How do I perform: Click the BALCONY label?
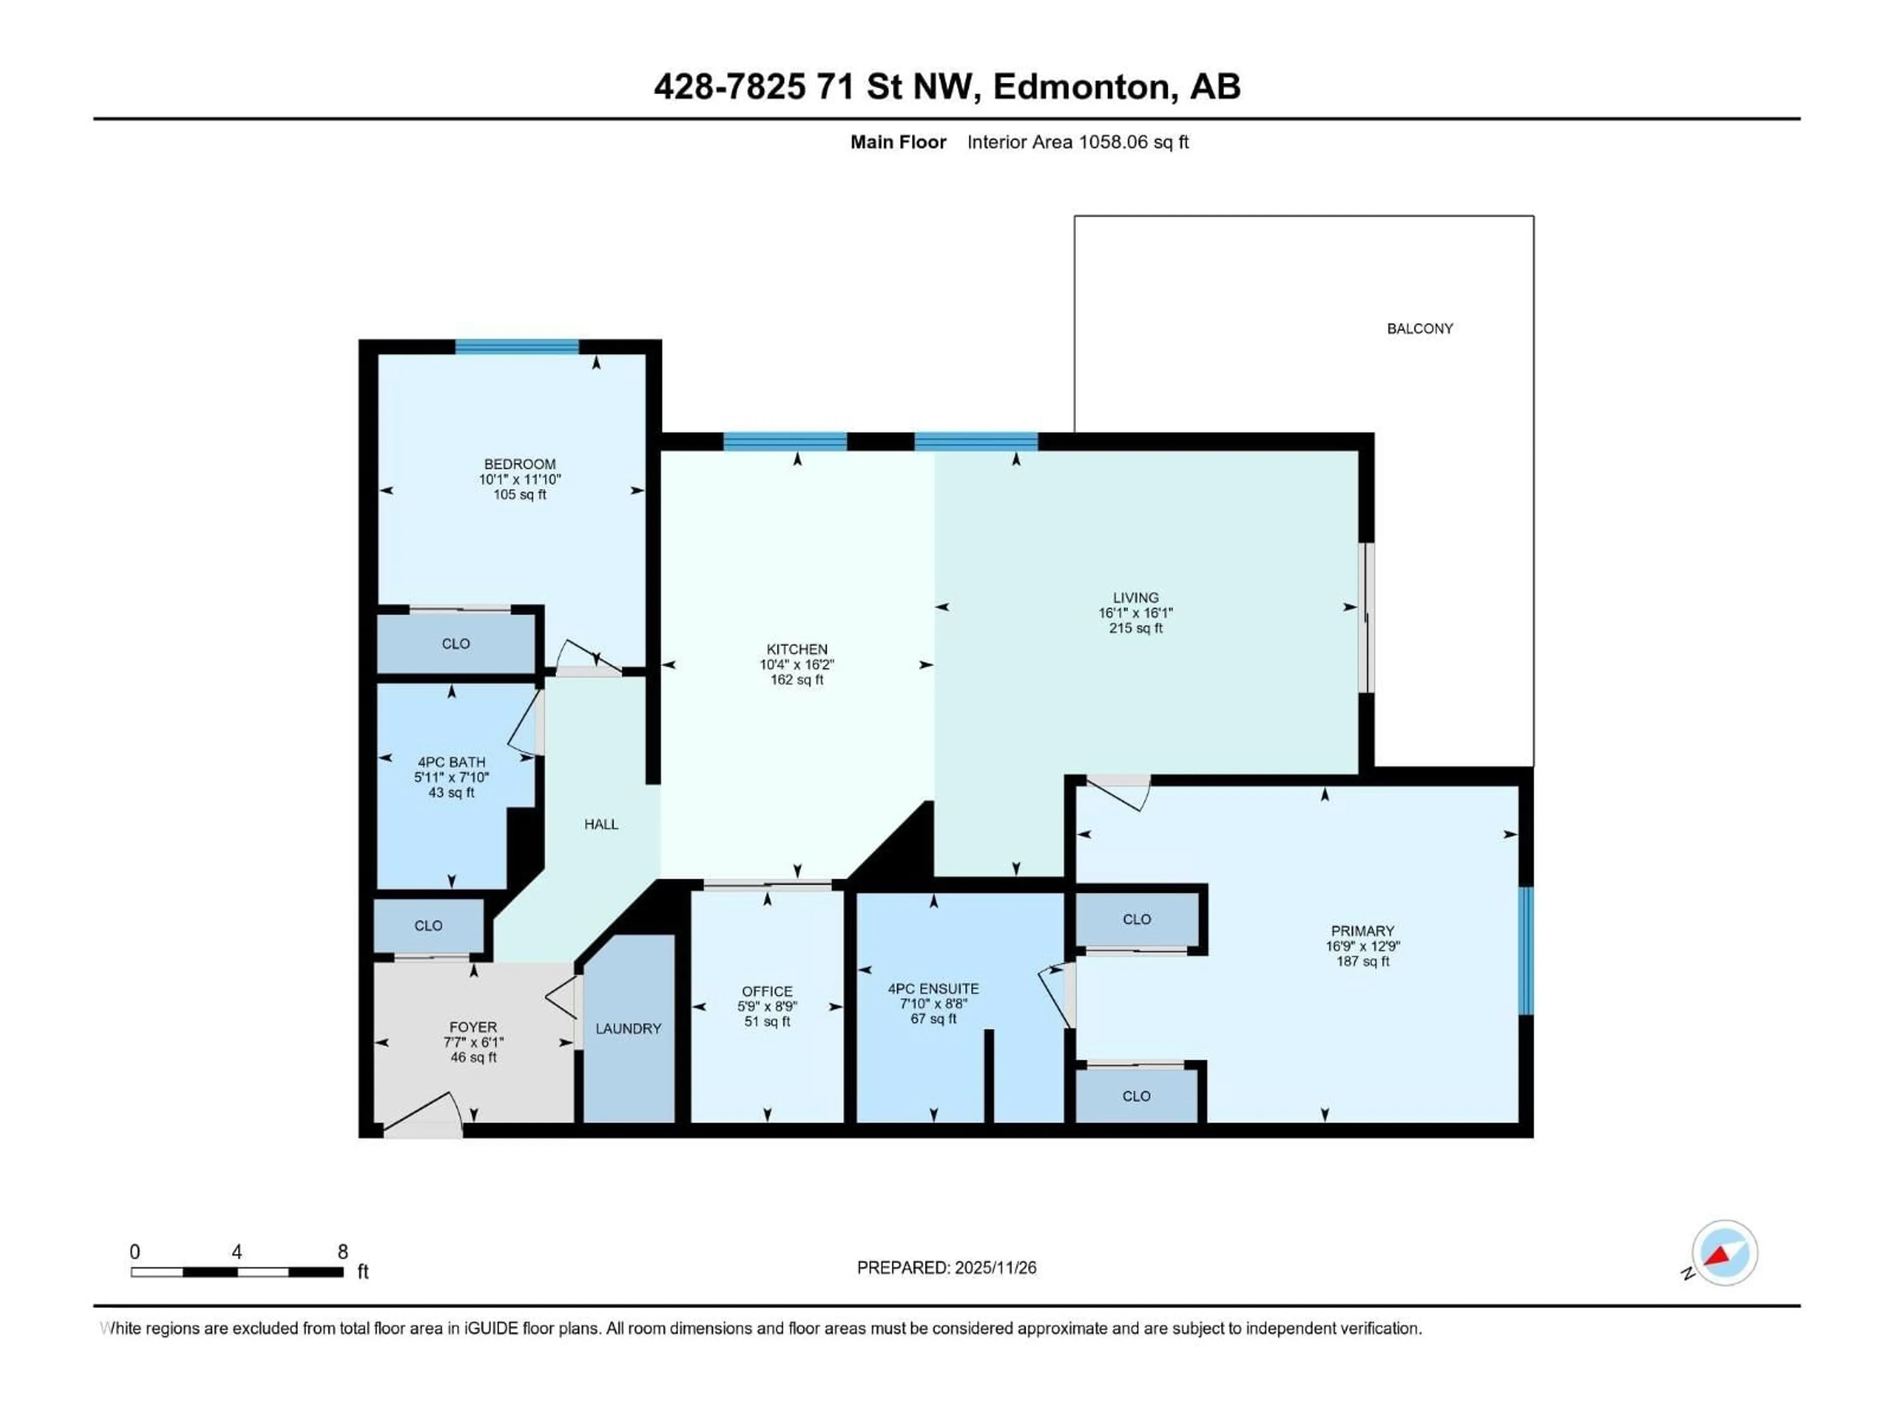coord(1420,328)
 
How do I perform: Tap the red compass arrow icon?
coord(1718,1256)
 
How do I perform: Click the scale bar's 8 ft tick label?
coord(342,1251)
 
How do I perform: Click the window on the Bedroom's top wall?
coord(517,346)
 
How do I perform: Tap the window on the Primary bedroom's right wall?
coord(1526,951)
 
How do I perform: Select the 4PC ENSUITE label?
coord(933,988)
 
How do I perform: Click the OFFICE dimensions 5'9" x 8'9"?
coord(767,1007)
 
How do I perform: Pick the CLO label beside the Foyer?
coord(428,926)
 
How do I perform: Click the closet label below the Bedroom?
coord(456,643)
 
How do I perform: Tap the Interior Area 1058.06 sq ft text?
coord(1078,142)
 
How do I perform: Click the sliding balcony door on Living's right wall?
coord(1368,617)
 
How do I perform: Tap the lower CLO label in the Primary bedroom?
coord(1136,1096)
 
